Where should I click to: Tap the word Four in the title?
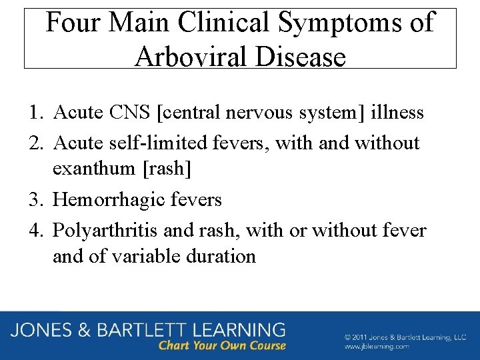pyautogui.click(x=72, y=23)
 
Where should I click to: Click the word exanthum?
pyautogui.click(x=93, y=168)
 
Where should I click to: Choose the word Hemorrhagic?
pyautogui.click(x=105, y=199)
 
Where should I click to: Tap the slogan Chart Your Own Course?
pyautogui.click(x=222, y=345)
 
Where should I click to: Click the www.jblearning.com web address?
pyautogui.click(x=377, y=347)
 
